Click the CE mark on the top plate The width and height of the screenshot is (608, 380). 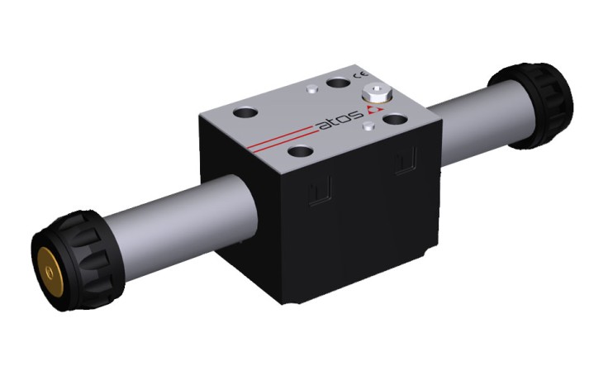[x=361, y=75]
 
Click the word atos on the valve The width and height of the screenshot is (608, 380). [x=340, y=120]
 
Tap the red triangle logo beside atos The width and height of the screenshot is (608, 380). [x=374, y=110]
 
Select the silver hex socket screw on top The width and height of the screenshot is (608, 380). [x=377, y=94]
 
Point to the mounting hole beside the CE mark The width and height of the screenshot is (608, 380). [x=338, y=83]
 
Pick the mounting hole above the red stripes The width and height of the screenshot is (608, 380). [x=245, y=114]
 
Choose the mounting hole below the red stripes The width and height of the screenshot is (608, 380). [x=301, y=151]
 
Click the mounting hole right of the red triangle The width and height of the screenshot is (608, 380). [x=395, y=119]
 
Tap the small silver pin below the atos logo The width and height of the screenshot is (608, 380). [x=368, y=126]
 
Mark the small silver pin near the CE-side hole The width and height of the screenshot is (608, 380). [x=312, y=89]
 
